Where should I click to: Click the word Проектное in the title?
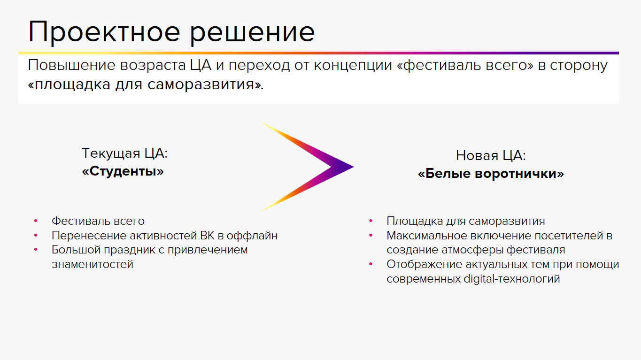[104, 32]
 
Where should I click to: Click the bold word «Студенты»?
[123, 172]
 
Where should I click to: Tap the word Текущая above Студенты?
[111, 153]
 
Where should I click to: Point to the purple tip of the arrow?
[353, 167]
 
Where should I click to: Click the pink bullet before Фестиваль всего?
[36, 221]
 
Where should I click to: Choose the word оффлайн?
[252, 236]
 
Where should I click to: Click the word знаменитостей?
[93, 265]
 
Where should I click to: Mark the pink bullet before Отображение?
[371, 264]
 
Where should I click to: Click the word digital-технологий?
[512, 279]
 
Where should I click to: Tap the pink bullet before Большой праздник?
[36, 250]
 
